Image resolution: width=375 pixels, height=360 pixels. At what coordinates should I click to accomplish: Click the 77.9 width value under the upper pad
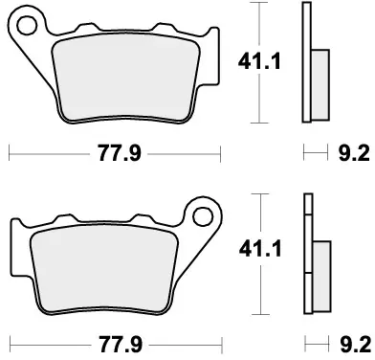pos(115,152)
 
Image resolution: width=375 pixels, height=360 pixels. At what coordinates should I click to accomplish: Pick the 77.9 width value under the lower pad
pos(115,341)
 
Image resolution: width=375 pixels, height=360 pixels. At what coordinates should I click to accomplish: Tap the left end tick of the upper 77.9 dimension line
pos(9,151)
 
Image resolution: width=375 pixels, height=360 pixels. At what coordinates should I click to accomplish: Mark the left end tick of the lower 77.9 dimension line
pos(9,340)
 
